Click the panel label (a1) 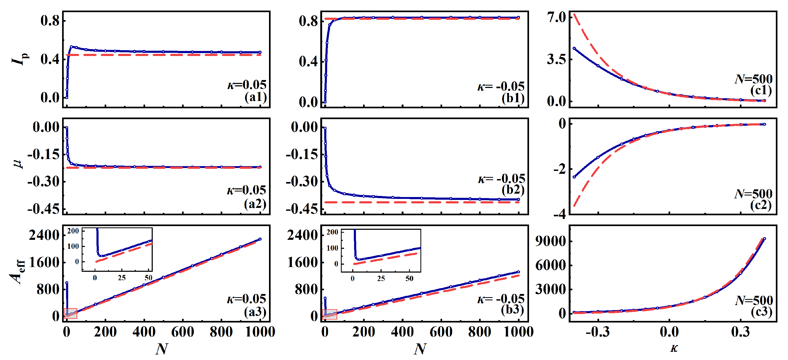coord(256,97)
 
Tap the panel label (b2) coord(513,190)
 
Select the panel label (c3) coord(761,312)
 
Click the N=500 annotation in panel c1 coord(753,79)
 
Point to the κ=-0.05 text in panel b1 coord(501,87)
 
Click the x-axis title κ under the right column coord(674,348)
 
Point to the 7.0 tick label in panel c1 coord(557,17)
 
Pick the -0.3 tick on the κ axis coord(598,332)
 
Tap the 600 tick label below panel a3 coord(182,332)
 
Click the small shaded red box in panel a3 coord(71,314)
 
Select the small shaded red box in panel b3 coord(330,314)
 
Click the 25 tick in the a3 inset coord(122,278)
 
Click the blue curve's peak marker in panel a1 coord(71,47)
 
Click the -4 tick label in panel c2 coord(559,214)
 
